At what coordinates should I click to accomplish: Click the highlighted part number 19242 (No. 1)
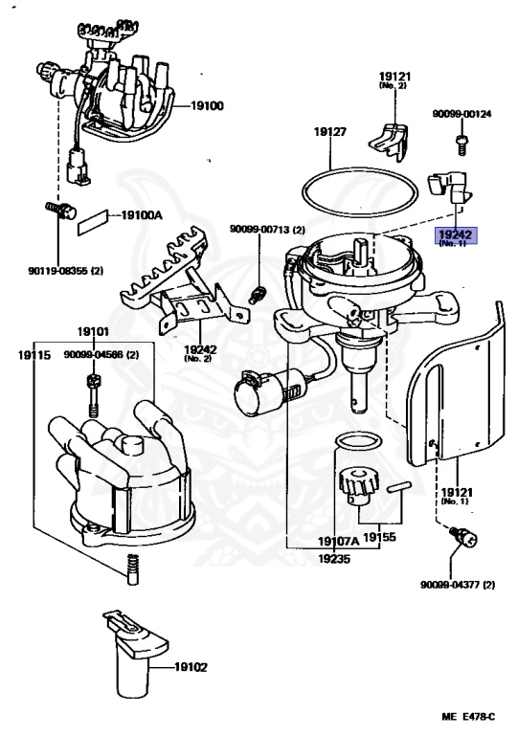coord(456,236)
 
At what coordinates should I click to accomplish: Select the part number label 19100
coord(207,106)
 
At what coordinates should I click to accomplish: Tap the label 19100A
coord(142,215)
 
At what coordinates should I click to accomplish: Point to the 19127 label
coord(329,132)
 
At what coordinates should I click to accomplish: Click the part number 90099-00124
coord(461,114)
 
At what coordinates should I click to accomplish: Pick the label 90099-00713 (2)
coord(267,230)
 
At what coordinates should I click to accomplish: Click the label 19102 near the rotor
coord(191,666)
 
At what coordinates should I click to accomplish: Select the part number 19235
coord(333,559)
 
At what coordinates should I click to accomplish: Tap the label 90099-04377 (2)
coord(458,585)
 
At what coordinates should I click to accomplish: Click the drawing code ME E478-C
coord(468,716)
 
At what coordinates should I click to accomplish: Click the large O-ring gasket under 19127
coord(359,192)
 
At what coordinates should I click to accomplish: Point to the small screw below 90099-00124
coord(461,144)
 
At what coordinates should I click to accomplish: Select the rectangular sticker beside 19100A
coord(93,222)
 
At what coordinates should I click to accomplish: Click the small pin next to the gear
coord(399,486)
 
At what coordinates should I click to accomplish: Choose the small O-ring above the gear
coord(357,442)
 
